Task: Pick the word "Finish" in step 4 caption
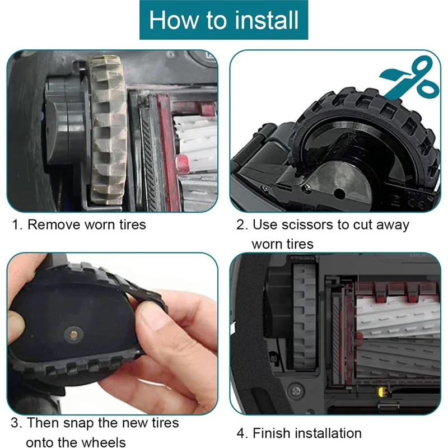[272, 433]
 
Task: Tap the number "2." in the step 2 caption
[241, 225]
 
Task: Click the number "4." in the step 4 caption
[241, 433]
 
